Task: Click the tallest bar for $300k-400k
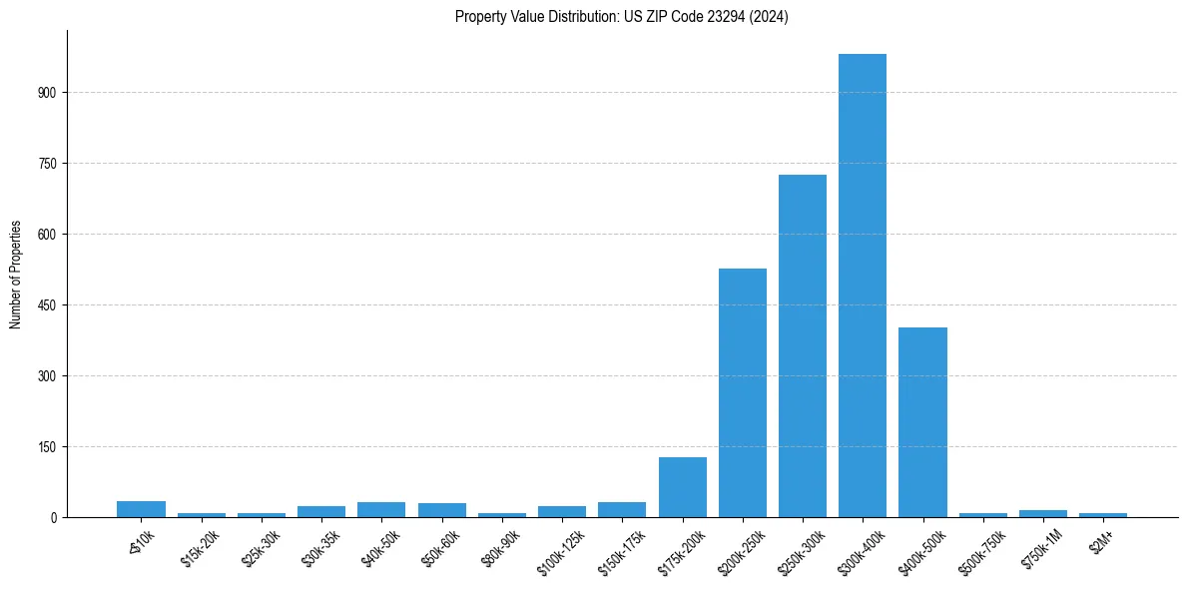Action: (x=863, y=286)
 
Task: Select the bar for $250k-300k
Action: (x=803, y=345)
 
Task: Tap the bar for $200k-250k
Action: (x=743, y=392)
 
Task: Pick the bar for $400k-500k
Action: (x=922, y=422)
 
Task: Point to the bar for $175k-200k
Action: (x=683, y=487)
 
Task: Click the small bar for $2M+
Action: (x=1103, y=514)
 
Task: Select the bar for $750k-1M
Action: (x=1043, y=513)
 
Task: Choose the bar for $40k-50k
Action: (x=381, y=509)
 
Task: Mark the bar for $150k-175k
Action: (x=622, y=509)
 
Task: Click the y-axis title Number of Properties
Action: (x=16, y=275)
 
